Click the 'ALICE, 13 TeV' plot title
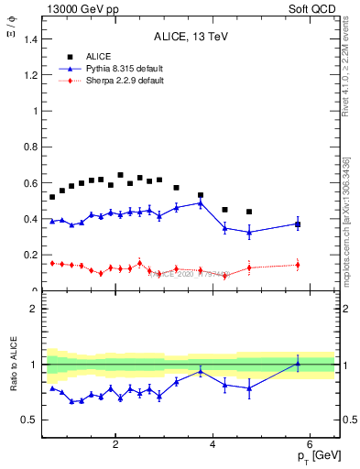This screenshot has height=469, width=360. click(191, 37)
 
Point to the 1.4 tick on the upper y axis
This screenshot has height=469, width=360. click(34, 39)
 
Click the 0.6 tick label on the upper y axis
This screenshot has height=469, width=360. click(34, 183)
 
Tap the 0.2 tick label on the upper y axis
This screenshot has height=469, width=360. click(34, 256)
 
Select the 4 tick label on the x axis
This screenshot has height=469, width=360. click(213, 445)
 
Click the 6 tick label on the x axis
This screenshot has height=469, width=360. click(310, 445)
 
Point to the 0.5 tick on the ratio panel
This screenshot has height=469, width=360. click(34, 420)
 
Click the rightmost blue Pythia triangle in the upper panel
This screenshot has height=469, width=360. click(298, 223)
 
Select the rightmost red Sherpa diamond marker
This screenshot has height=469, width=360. click(298, 265)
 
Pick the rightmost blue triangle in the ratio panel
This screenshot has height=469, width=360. click(298, 364)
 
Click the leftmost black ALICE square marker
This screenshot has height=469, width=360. click(52, 197)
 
